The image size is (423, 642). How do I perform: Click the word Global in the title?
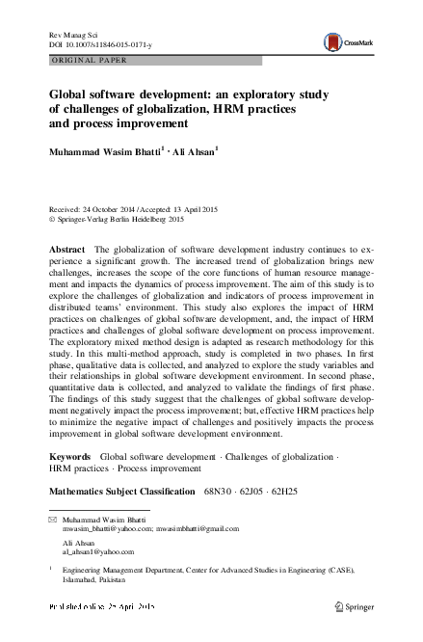70,94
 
